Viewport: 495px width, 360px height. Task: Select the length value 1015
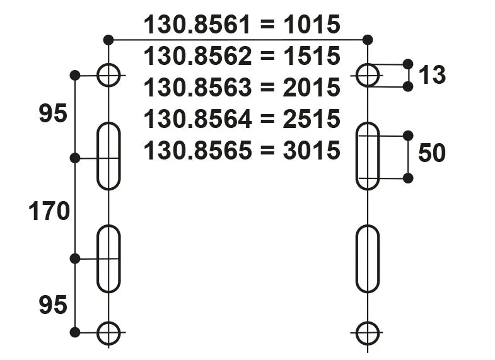[312, 25]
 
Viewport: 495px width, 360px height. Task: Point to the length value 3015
[312, 151]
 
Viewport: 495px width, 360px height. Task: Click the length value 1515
[312, 57]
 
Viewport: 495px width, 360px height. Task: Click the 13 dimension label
[432, 76]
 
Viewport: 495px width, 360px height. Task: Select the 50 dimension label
[432, 153]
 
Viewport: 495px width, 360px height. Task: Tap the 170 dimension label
[49, 212]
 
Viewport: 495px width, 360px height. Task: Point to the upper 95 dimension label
[53, 115]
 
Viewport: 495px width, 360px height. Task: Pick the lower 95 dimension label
[53, 306]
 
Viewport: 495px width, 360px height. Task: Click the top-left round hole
[108, 76]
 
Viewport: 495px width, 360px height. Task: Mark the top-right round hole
[368, 76]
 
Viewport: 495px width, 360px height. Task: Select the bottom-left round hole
[108, 332]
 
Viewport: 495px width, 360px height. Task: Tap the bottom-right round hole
[368, 332]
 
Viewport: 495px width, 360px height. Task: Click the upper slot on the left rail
[108, 156]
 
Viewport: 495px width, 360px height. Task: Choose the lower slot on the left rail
[108, 258]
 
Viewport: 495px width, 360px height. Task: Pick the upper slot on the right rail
[368, 156]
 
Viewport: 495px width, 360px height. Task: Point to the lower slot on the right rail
[368, 258]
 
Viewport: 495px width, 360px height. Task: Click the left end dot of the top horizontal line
[108, 40]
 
